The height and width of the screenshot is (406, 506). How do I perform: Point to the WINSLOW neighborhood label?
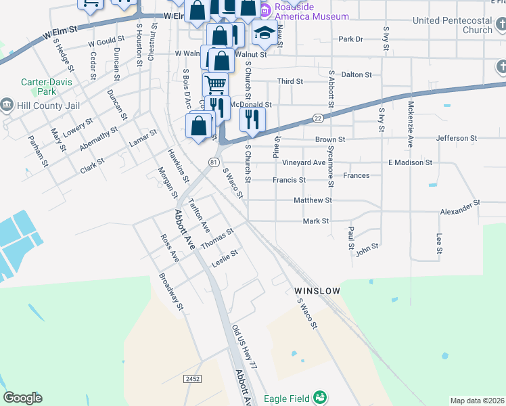pos(316,290)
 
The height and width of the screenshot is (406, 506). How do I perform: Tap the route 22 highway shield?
pos(318,118)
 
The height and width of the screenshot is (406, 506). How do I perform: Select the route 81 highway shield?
pos(214,162)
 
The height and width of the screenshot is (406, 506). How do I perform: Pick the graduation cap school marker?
pos(264,32)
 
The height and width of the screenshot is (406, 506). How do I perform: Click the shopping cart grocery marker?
pos(215,85)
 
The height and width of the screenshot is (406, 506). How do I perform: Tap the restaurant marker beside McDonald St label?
pos(252,120)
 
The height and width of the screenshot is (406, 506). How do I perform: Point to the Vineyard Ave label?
pos(304,163)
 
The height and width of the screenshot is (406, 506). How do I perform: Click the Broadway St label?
pos(171,291)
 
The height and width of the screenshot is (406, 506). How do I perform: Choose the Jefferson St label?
pos(461,138)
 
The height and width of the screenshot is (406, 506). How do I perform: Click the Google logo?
pos(22,398)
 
